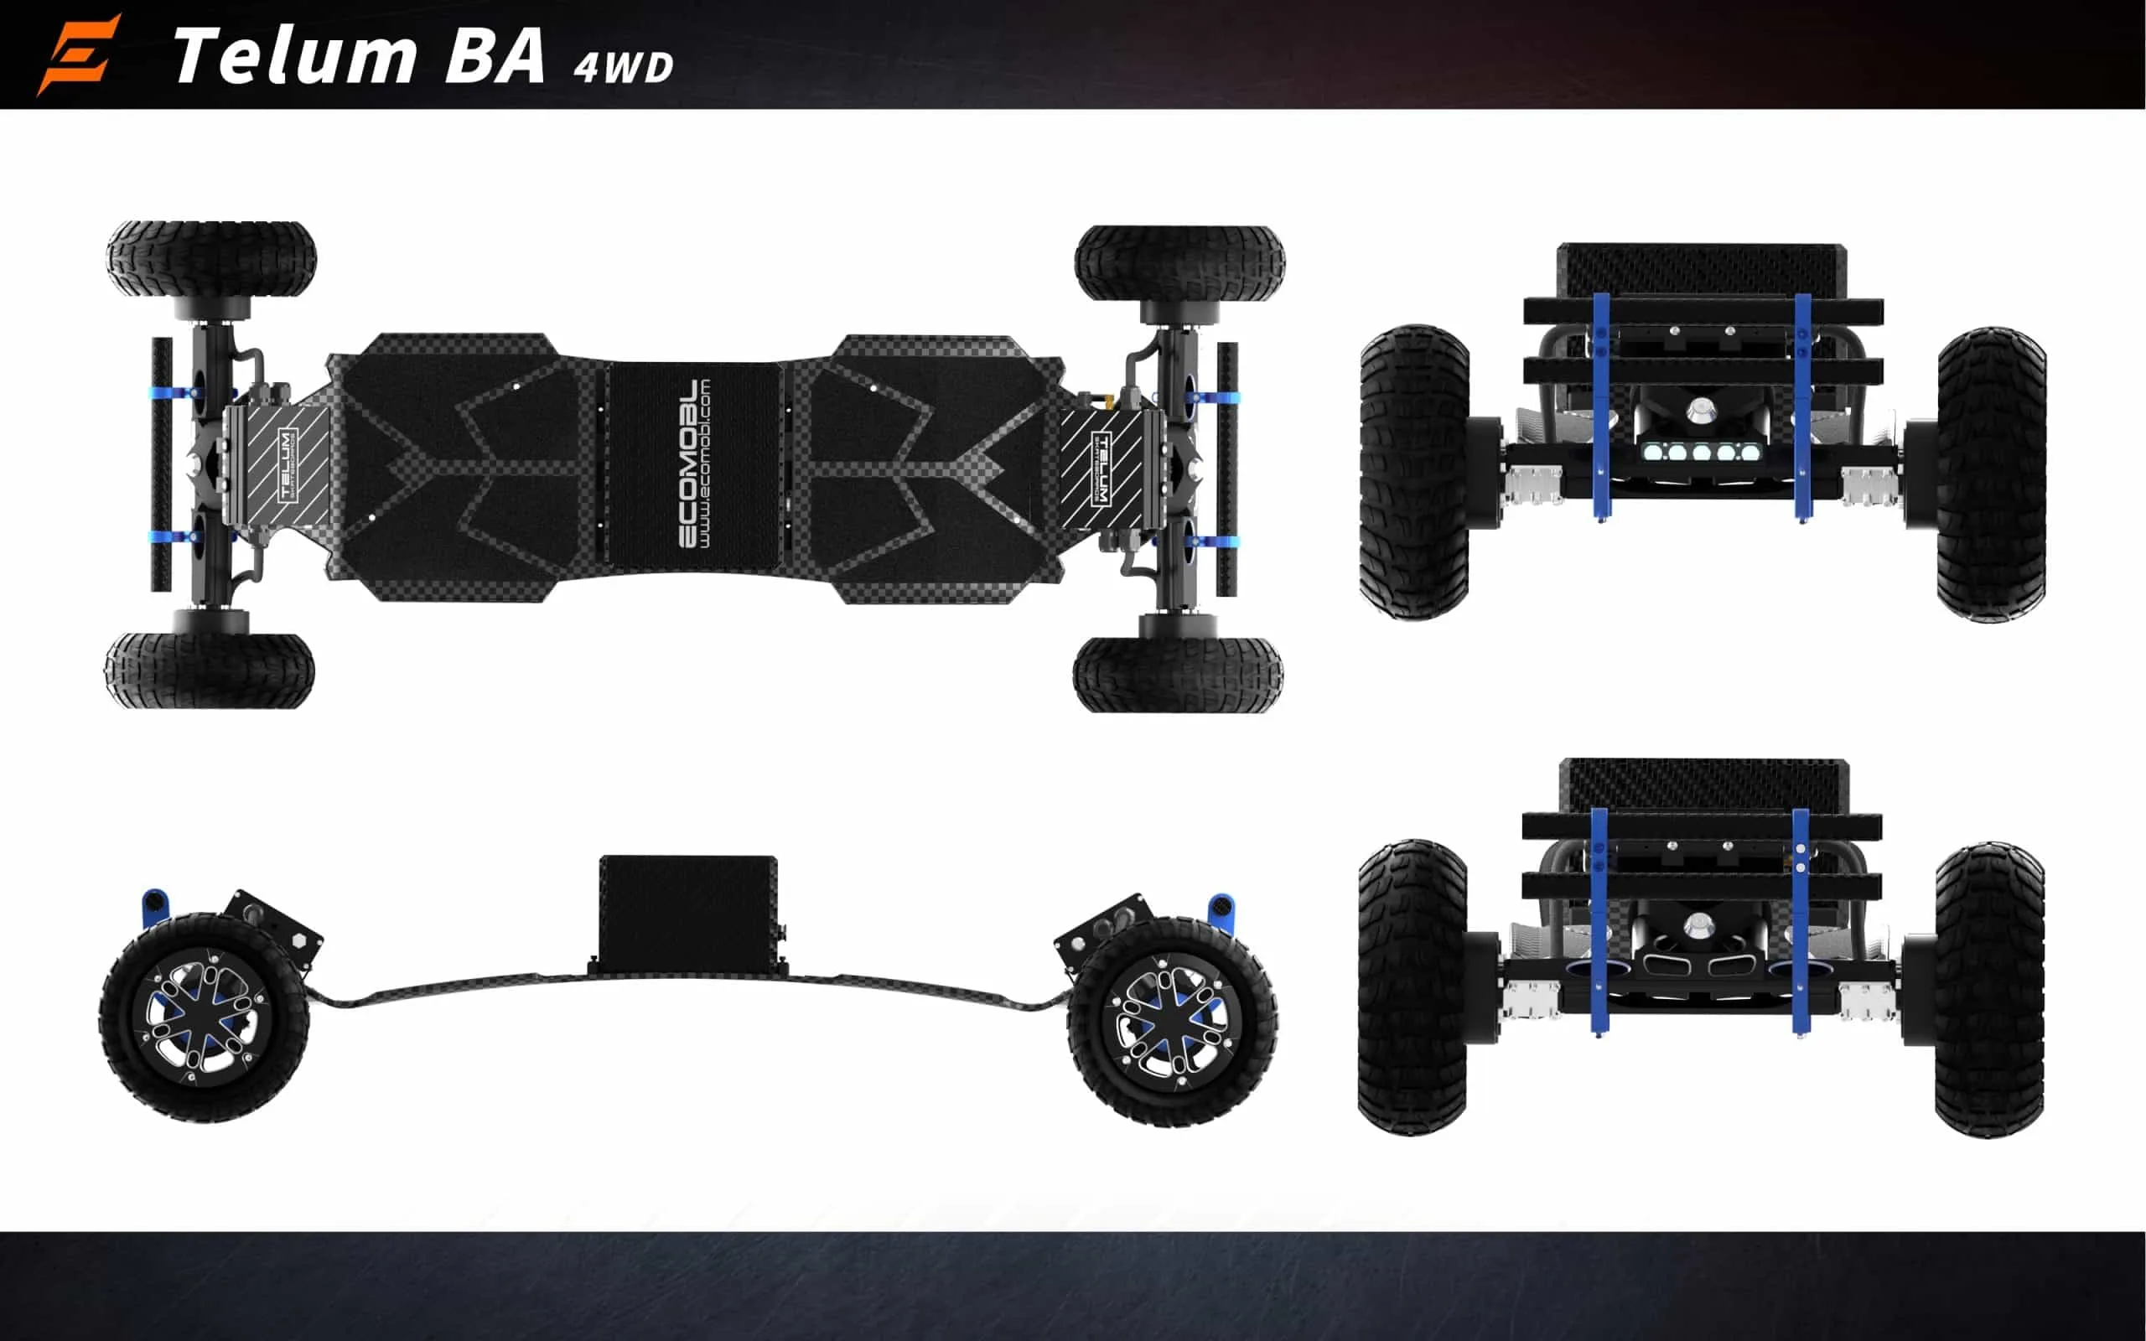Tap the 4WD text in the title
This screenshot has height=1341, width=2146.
pyautogui.click(x=623, y=67)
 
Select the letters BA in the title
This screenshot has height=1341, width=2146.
pyautogui.click(x=494, y=56)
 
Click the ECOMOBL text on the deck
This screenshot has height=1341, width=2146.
pyautogui.click(x=688, y=463)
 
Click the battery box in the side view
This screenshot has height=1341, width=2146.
pyautogui.click(x=688, y=910)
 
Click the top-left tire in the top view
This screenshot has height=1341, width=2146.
pyautogui.click(x=211, y=259)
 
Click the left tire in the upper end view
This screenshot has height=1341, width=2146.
pyautogui.click(x=1413, y=471)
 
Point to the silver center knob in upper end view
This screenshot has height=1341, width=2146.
pyautogui.click(x=1701, y=409)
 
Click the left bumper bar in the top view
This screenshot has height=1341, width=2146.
pyautogui.click(x=163, y=463)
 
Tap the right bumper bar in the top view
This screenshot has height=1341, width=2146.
pyautogui.click(x=1227, y=469)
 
